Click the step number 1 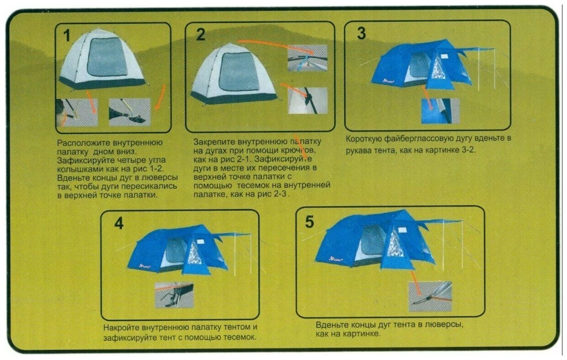pos(67,35)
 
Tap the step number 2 pos(201,34)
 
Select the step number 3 pos(361,33)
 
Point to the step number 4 pos(119,223)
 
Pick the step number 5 pos(309,221)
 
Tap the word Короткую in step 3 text pos(364,139)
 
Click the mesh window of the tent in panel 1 pos(107,57)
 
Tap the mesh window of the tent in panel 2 pos(239,72)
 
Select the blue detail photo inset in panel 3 pos(440,111)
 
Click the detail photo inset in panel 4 pos(174,295)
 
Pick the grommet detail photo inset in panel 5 pos(430,297)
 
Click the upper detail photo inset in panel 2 pos(308,58)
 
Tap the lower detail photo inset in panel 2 pos(308,101)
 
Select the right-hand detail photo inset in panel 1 pos(129,112)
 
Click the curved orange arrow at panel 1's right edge pos(161,98)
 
